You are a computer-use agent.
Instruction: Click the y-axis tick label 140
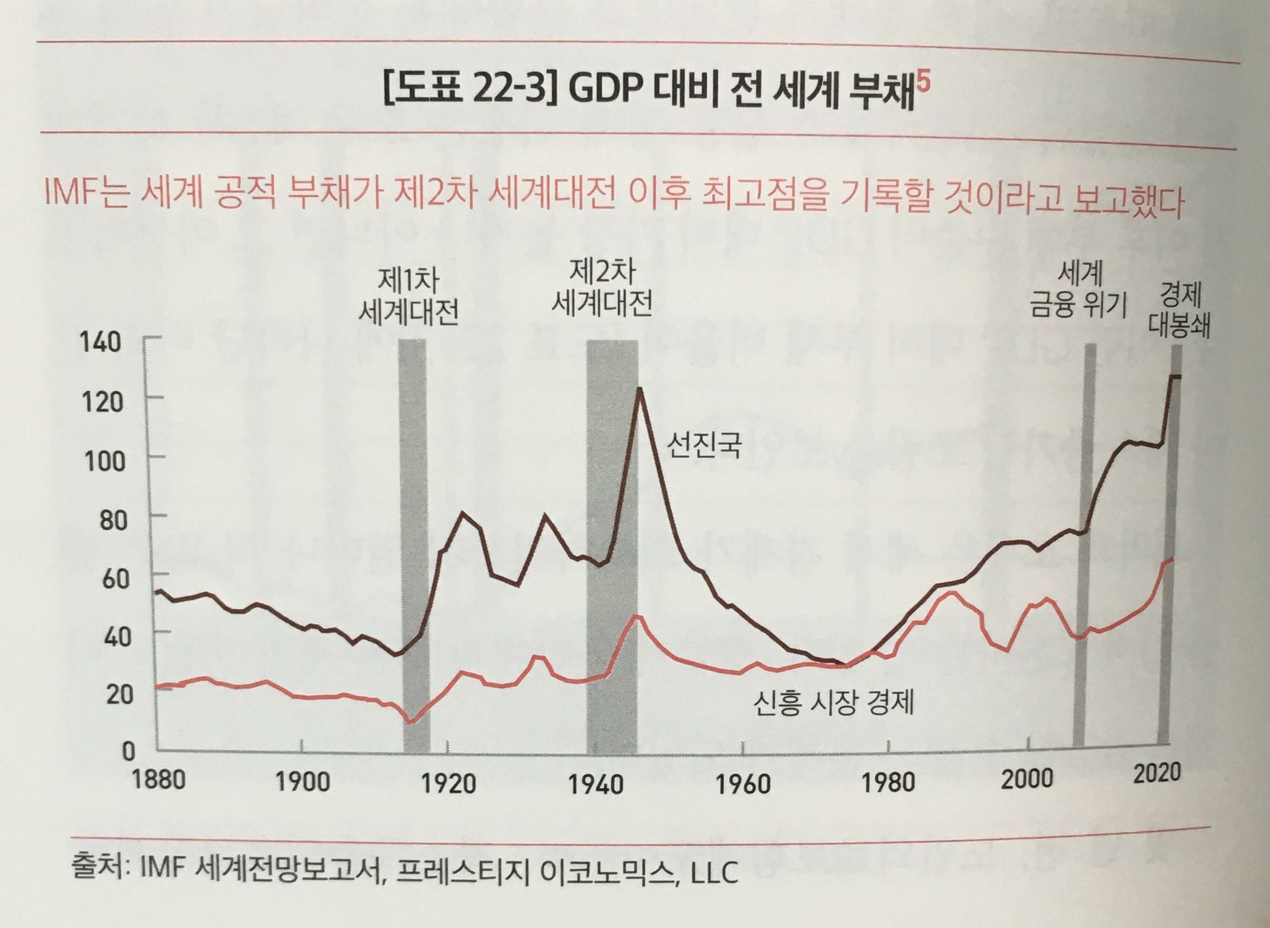[x=102, y=342]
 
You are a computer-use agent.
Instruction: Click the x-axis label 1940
[x=596, y=784]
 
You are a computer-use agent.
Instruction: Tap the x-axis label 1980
[x=888, y=782]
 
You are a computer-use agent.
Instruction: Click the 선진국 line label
[x=703, y=444]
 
